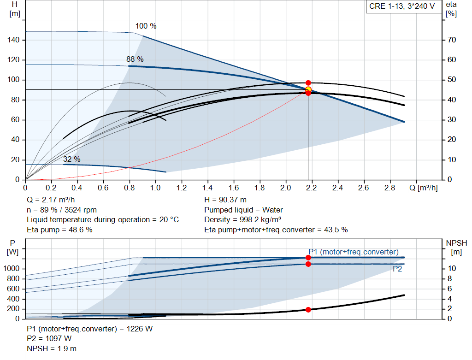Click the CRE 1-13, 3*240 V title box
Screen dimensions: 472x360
[402, 6]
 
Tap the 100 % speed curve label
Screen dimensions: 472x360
[146, 26]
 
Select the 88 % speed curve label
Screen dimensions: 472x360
[135, 59]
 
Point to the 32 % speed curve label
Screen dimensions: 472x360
[71, 159]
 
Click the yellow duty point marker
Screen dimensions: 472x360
[308, 90]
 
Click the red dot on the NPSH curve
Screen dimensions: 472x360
[308, 310]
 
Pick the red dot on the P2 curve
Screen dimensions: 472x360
[308, 264]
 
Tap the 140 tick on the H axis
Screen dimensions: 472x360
[13, 40]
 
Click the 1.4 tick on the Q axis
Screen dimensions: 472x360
[207, 188]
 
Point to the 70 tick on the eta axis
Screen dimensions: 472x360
[452, 40]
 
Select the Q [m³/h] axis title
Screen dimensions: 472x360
[423, 188]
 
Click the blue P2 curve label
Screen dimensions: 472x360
[397, 269]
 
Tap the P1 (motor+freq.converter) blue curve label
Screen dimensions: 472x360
[354, 252]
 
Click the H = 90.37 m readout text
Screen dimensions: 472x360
[225, 200]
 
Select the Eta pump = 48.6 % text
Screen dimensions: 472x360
[59, 230]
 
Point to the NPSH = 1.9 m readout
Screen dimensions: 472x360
[52, 349]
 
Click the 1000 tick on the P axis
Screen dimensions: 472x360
[11, 269]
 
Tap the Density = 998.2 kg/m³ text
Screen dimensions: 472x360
[242, 220]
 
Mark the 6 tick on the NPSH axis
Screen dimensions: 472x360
[450, 289]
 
